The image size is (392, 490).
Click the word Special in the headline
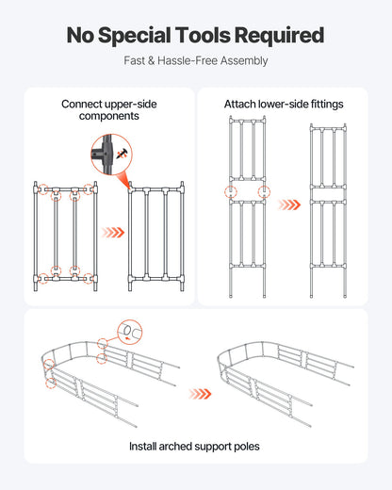coord(143,36)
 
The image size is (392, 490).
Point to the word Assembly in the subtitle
coord(242,60)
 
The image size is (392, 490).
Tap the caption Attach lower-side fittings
coord(283,104)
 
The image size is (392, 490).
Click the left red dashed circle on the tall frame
coord(230,191)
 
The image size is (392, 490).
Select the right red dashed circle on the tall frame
coord(263,191)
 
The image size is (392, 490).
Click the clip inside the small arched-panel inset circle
coord(130,332)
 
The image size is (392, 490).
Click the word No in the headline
coord(84,36)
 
